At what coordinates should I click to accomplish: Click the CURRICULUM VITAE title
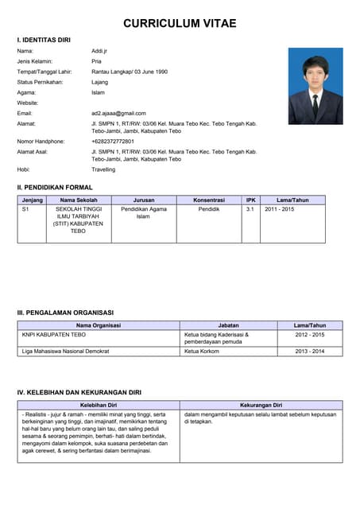pyautogui.click(x=180, y=24)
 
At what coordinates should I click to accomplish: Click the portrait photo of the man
pyautogui.click(x=315, y=86)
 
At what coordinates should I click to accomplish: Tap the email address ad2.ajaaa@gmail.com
pyautogui.click(x=118, y=113)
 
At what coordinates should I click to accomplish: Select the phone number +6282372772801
pyautogui.click(x=113, y=141)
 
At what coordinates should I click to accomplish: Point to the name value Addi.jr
pyautogui.click(x=100, y=50)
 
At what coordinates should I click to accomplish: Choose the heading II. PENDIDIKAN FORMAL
pyautogui.click(x=55, y=187)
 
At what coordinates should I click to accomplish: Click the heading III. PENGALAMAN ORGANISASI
pyautogui.click(x=65, y=313)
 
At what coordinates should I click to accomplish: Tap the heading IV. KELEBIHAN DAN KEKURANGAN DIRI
pyautogui.click(x=79, y=393)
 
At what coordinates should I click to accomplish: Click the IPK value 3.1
pyautogui.click(x=250, y=209)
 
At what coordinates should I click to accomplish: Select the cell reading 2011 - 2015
pyautogui.click(x=280, y=209)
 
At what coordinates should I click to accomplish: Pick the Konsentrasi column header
pyautogui.click(x=209, y=200)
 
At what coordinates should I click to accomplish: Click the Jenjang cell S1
pyautogui.click(x=25, y=209)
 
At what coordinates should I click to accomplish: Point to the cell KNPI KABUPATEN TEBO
pyautogui.click(x=54, y=335)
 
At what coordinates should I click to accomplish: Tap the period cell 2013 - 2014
pyautogui.click(x=310, y=351)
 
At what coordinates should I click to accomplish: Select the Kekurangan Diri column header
pyautogui.click(x=261, y=405)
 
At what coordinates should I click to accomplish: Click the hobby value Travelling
pyautogui.click(x=103, y=169)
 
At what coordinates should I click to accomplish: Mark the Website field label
pyautogui.click(x=28, y=103)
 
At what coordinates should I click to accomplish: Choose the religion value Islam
pyautogui.click(x=99, y=92)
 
